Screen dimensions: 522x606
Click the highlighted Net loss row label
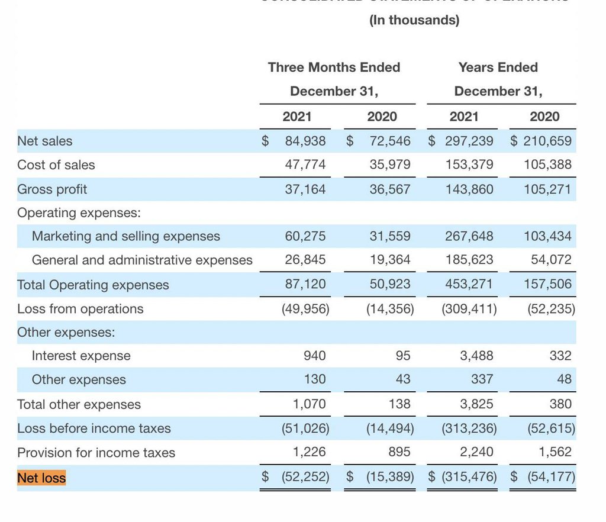point(41,478)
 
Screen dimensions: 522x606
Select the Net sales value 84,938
point(305,141)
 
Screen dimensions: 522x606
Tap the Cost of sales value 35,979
point(389,165)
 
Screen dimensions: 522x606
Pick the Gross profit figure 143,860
point(469,189)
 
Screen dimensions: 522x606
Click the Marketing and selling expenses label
point(125,236)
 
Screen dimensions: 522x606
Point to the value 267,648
point(469,236)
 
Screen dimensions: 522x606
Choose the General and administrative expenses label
point(142,260)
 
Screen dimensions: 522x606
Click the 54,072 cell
point(552,260)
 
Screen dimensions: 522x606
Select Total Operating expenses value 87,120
point(305,284)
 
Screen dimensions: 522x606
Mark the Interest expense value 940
point(314,356)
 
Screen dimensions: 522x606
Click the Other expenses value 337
point(482,379)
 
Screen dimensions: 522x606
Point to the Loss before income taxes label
point(94,428)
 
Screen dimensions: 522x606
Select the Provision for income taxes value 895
point(399,453)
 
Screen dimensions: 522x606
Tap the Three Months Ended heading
point(334,67)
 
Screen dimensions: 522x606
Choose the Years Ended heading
point(498,67)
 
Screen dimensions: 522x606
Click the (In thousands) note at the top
point(414,20)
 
